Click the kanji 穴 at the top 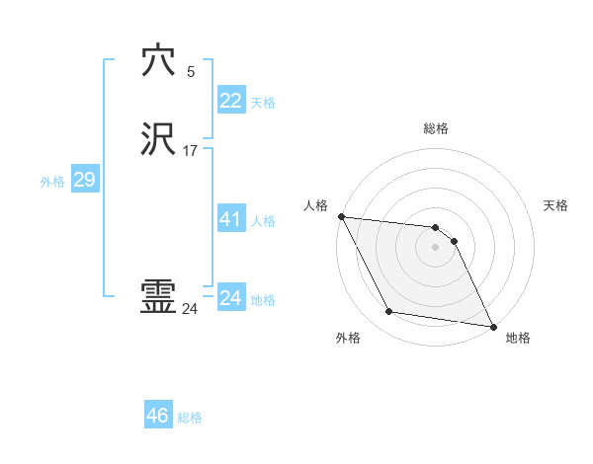pos(158,61)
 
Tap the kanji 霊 pos(158,297)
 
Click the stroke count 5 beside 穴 pos(191,72)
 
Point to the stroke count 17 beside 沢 pos(190,152)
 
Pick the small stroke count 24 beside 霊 pos(190,309)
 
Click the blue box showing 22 pos(230,101)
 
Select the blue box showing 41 pos(230,219)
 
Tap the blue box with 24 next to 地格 pos(230,298)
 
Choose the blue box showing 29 pos(84,180)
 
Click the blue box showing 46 pos(158,416)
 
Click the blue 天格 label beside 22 pos(263,103)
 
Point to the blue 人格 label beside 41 pos(263,221)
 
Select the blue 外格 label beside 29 pos(52,182)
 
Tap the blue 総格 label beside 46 pos(190,418)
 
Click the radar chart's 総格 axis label pos(436,128)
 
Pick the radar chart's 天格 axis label pos(556,205)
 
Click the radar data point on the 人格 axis pos(341,216)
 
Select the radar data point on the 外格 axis pos(389,312)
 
